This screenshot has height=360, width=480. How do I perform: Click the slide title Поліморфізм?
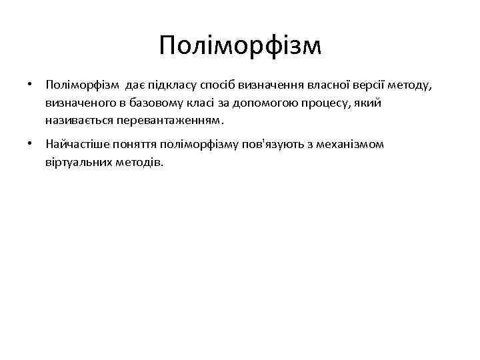[240, 45]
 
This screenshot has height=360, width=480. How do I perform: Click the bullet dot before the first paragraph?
[31, 85]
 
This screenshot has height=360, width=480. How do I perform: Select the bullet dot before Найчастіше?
[31, 143]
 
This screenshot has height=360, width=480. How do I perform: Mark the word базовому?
[148, 104]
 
